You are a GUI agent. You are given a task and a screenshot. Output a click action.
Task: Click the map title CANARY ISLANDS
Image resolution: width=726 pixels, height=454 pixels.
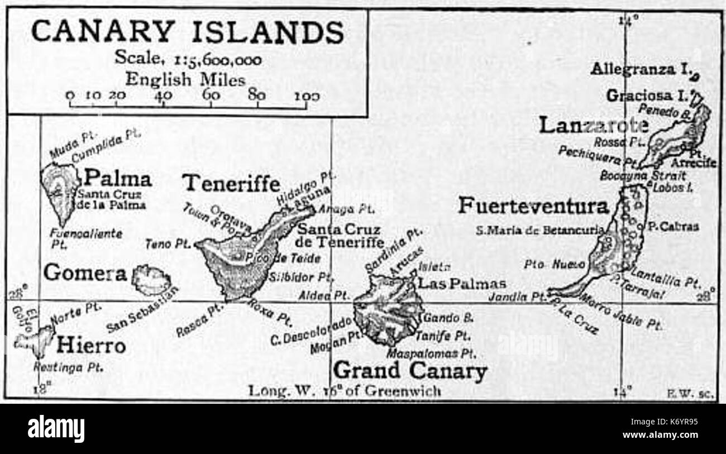(x=187, y=32)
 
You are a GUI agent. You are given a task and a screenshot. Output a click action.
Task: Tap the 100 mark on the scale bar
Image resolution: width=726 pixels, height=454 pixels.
(x=307, y=95)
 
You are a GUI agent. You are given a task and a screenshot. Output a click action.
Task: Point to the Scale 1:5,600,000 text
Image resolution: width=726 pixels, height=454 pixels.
(x=188, y=58)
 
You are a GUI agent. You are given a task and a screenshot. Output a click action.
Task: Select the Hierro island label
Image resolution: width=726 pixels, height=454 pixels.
(x=90, y=346)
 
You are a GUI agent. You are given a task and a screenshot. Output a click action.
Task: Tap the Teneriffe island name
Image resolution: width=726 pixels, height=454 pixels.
(x=232, y=183)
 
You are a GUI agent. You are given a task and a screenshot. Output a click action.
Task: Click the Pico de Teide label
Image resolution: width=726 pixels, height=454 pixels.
(x=283, y=258)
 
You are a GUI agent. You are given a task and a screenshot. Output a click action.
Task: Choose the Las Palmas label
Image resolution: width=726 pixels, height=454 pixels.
(x=462, y=283)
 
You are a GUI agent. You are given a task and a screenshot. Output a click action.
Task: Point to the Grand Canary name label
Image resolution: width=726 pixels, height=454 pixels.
(x=410, y=370)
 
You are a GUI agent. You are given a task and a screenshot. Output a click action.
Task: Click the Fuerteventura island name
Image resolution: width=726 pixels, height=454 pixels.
(x=533, y=206)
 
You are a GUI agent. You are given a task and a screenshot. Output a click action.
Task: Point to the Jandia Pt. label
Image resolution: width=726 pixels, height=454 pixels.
(x=516, y=297)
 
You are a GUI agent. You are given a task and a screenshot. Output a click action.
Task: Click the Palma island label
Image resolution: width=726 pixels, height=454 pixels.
(x=117, y=179)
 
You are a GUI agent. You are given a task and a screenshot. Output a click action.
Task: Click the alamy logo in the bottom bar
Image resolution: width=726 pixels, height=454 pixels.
(x=56, y=429)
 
